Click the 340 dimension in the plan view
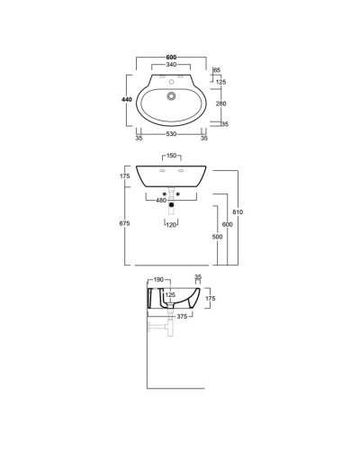pyautogui.click(x=171, y=66)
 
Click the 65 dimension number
pyautogui.click(x=217, y=68)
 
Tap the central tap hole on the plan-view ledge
pyautogui.click(x=171, y=79)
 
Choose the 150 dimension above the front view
pyautogui.click(x=171, y=156)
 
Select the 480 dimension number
pyautogui.click(x=162, y=200)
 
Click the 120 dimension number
pyautogui.click(x=171, y=222)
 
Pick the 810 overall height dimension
pyautogui.click(x=238, y=212)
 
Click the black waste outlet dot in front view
pyautogui.click(x=171, y=205)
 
